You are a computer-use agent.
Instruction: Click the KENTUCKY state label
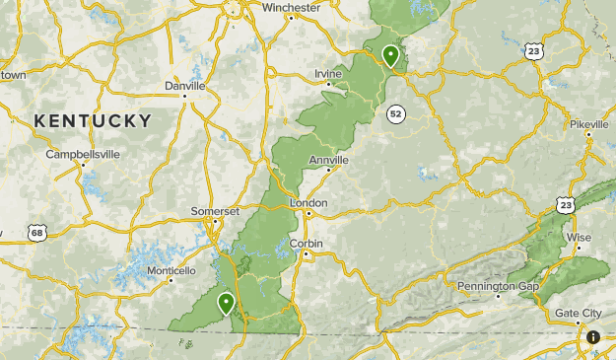pyautogui.click(x=93, y=121)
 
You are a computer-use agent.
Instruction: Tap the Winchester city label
pyautogui.click(x=291, y=7)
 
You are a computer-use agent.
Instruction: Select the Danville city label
pyautogui.click(x=184, y=86)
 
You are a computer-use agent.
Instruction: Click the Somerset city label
pyautogui.click(x=215, y=212)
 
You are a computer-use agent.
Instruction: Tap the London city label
pyautogui.click(x=308, y=202)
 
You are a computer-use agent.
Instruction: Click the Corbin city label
pyautogui.click(x=307, y=244)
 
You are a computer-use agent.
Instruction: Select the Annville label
pyautogui.click(x=328, y=160)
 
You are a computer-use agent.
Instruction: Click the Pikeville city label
pyautogui.click(x=589, y=124)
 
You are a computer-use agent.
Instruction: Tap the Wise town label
pyautogui.click(x=580, y=238)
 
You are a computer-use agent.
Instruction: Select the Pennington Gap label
pyautogui.click(x=498, y=286)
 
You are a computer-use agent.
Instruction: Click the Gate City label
pyautogui.click(x=579, y=313)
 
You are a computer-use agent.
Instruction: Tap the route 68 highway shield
pyautogui.click(x=36, y=233)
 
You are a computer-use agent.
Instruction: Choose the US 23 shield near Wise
pyautogui.click(x=565, y=204)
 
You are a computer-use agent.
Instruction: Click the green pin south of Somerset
pyautogui.click(x=227, y=303)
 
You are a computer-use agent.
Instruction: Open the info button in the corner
pyautogui.click(x=593, y=337)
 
